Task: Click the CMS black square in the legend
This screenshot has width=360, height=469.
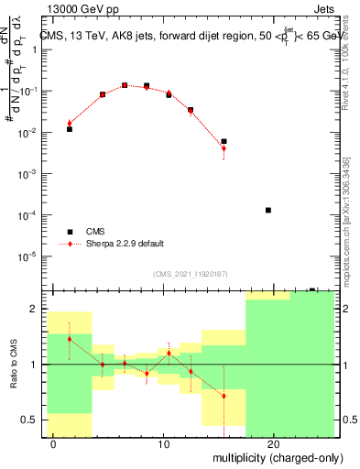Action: tap(70, 232)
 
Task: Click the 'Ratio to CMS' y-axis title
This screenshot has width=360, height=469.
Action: tap(12, 363)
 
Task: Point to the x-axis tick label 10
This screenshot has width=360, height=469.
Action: tap(164, 443)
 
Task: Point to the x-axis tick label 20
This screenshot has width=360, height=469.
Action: tap(274, 443)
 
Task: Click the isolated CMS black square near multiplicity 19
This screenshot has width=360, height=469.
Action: tap(268, 210)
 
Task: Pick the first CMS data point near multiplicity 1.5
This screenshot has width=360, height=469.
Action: tap(70, 129)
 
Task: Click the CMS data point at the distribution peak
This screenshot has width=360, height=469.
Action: tap(125, 85)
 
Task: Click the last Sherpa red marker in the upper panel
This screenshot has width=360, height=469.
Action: tap(224, 148)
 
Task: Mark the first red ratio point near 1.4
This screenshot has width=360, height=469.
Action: tap(70, 339)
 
